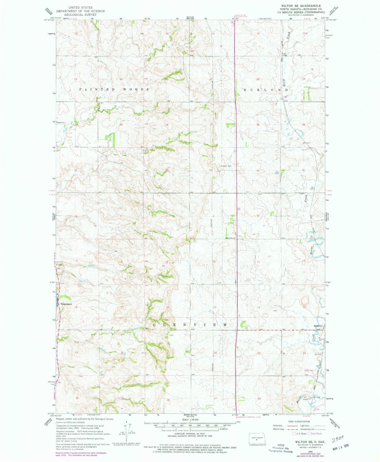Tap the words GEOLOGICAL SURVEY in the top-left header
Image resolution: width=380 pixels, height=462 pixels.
point(80,15)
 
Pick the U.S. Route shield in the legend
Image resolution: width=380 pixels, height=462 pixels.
point(294,434)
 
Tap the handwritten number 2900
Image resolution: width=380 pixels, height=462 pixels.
point(337,438)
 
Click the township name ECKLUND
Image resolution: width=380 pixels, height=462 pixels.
point(266,90)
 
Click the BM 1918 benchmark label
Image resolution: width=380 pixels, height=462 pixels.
point(318,354)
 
